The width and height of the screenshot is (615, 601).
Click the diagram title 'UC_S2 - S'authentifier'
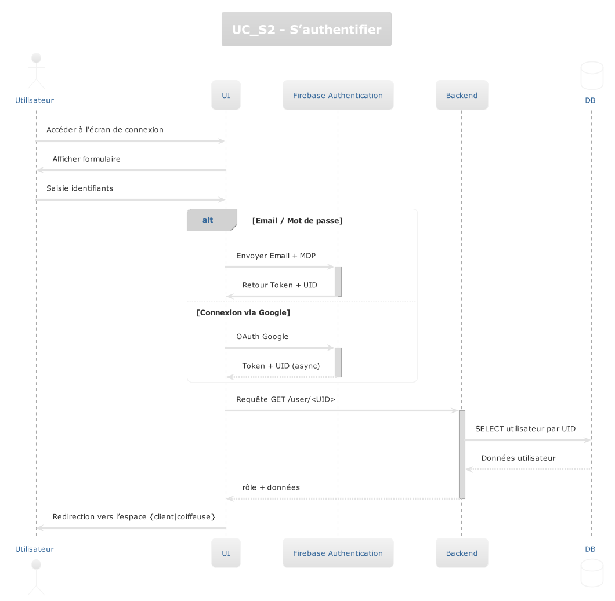tap(306, 29)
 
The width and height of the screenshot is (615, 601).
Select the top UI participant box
tap(226, 95)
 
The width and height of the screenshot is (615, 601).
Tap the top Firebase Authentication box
tap(338, 95)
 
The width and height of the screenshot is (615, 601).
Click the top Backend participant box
tap(462, 95)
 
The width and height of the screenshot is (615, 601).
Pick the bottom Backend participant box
tap(462, 553)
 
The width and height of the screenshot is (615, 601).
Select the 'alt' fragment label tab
tap(208, 220)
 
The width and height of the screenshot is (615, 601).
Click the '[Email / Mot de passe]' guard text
tap(297, 221)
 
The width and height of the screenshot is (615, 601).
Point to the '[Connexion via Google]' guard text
tap(244, 313)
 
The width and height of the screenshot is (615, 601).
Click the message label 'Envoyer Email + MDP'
tap(276, 256)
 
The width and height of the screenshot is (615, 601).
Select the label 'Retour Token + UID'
tap(280, 285)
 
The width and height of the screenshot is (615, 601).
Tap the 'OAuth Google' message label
tap(262, 337)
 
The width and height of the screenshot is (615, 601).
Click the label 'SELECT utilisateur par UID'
tap(525, 429)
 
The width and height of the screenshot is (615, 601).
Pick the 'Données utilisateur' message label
tap(518, 458)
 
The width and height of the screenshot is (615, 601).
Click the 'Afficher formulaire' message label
tap(86, 159)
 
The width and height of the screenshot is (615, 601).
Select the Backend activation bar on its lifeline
tap(462, 454)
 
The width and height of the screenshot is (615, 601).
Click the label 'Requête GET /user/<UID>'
tap(285, 400)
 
